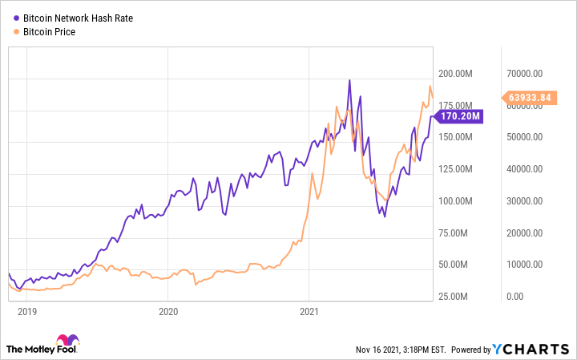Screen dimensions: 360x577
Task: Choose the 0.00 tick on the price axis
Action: pyautogui.click(x=514, y=297)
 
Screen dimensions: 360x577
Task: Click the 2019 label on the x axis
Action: pyautogui.click(x=28, y=311)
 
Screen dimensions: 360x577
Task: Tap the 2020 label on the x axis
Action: pyautogui.click(x=167, y=311)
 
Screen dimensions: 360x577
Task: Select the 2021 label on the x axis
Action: pyautogui.click(x=310, y=311)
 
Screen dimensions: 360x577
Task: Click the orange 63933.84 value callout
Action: pyautogui.click(x=533, y=98)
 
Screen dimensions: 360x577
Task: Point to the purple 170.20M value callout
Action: pyautogui.click(x=460, y=116)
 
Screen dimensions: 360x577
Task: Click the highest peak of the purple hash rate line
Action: pyautogui.click(x=349, y=80)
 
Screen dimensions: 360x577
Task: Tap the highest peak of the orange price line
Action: pyautogui.click(x=430, y=87)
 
